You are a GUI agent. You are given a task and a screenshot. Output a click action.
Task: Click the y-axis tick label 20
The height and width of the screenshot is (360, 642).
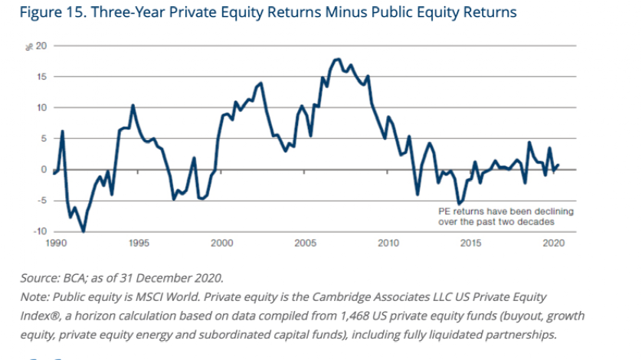[x=41, y=46]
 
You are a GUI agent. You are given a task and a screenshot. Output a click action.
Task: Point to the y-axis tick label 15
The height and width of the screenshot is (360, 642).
[x=41, y=77]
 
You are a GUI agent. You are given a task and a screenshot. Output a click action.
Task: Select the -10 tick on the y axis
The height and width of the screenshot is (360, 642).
[x=38, y=231]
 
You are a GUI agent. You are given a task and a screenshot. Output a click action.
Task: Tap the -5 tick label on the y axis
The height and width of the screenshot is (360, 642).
[x=41, y=201]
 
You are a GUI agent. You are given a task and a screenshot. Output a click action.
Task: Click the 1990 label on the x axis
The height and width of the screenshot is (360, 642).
[x=55, y=243]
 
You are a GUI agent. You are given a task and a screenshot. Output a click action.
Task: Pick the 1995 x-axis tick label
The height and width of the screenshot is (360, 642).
[x=139, y=243]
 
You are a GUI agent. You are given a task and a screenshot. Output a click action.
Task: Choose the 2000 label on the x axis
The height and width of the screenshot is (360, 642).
[x=221, y=243]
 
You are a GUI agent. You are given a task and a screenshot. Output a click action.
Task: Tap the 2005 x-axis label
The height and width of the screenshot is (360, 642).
[x=305, y=243]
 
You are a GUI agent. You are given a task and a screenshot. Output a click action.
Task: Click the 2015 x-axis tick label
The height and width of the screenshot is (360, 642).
[x=471, y=243]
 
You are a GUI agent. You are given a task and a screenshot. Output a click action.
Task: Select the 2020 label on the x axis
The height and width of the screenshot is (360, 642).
[x=554, y=243]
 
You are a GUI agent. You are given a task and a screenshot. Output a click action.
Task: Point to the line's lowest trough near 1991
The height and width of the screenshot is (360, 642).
[x=83, y=231]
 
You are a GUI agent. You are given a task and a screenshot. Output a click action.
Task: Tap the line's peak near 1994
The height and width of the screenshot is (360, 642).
[x=133, y=105]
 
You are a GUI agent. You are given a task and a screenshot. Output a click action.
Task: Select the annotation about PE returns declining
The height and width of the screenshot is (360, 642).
[x=495, y=216]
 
